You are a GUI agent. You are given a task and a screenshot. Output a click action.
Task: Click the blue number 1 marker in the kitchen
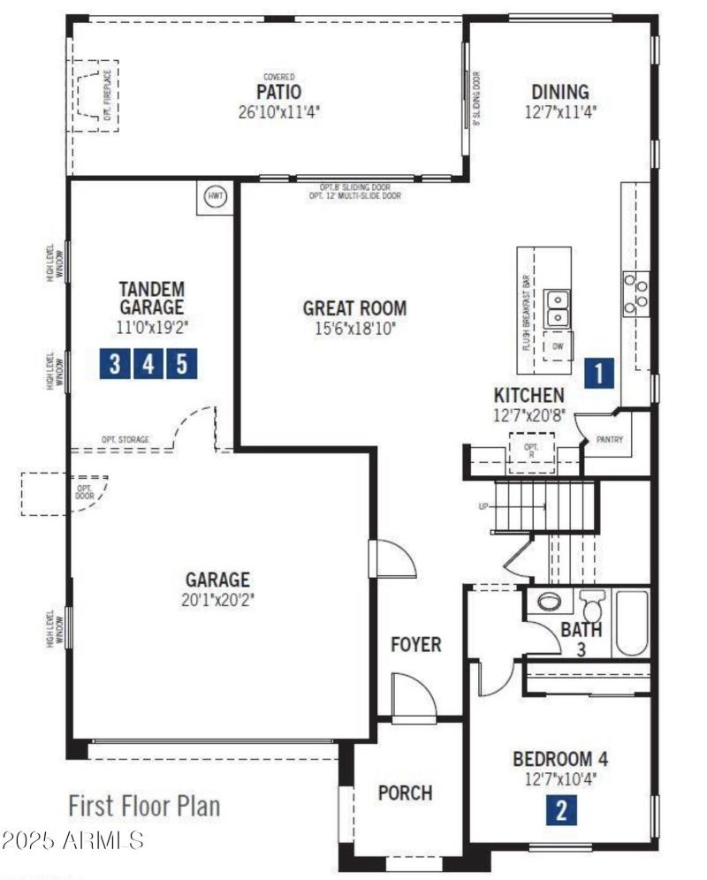(x=598, y=373)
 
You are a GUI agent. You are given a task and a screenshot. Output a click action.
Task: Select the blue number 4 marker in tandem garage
(x=148, y=363)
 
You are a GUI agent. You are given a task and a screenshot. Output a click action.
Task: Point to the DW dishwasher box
(x=558, y=346)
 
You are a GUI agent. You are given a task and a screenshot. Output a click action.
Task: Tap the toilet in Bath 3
(x=592, y=606)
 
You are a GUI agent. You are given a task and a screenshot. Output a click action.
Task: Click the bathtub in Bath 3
(x=632, y=623)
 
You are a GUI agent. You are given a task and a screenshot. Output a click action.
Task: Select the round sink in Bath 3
(x=550, y=603)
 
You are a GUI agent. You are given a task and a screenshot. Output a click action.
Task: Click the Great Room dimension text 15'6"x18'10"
(x=354, y=329)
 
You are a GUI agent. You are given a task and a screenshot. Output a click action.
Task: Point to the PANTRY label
(x=611, y=438)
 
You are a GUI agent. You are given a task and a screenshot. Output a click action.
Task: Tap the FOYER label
(x=415, y=645)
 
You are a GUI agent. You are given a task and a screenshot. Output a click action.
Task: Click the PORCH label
(x=405, y=793)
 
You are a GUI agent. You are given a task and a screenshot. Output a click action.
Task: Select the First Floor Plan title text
(x=144, y=806)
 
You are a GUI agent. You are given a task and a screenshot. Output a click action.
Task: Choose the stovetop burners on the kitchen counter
(x=635, y=292)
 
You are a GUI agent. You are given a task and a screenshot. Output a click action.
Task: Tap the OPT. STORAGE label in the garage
(x=125, y=439)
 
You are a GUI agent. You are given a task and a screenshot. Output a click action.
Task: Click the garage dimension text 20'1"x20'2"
(x=217, y=599)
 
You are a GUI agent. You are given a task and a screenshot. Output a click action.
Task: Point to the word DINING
(x=559, y=92)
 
